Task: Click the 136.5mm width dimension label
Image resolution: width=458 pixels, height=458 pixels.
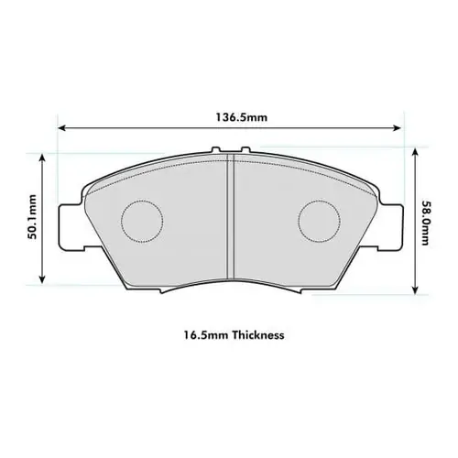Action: [x=230, y=117]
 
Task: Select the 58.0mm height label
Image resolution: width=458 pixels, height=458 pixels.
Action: [x=425, y=224]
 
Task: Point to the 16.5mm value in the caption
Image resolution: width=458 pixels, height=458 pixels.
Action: [x=201, y=335]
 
